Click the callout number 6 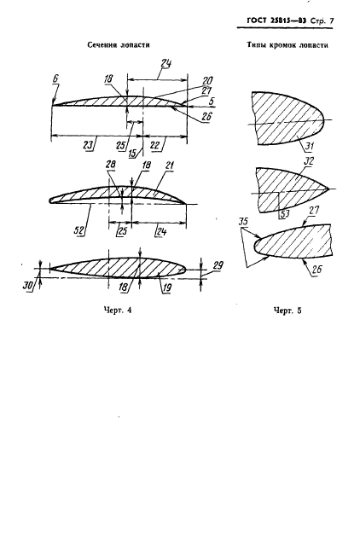(x=55, y=78)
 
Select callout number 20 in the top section (x=207, y=81)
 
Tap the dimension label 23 (x=89, y=144)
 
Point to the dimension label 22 (x=155, y=144)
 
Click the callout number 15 (x=132, y=154)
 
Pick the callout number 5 (x=211, y=102)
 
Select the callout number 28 (x=110, y=165)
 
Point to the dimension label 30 (x=28, y=285)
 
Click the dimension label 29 (x=218, y=265)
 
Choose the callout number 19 (x=167, y=288)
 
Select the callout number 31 (x=309, y=146)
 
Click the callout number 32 (x=309, y=161)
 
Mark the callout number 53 (x=285, y=213)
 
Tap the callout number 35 (x=244, y=222)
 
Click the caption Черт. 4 (x=118, y=310)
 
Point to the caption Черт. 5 (x=287, y=311)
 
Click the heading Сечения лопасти (x=119, y=45)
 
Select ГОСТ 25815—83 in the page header (x=276, y=20)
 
